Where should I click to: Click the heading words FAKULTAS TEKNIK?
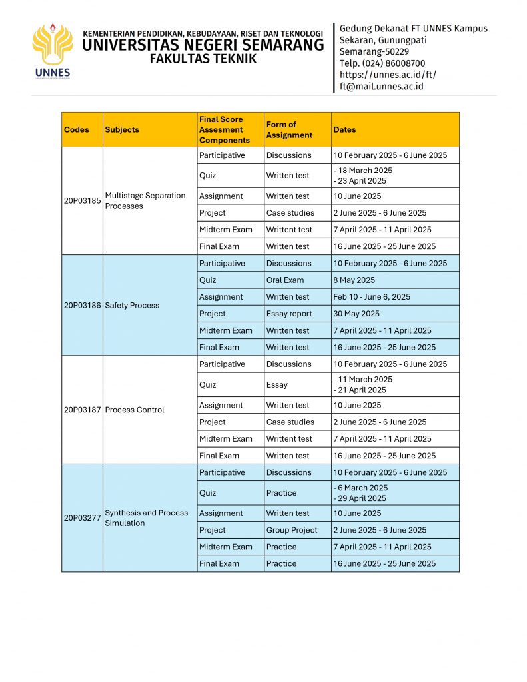click(x=203, y=59)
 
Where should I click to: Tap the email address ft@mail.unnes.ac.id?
click(x=381, y=86)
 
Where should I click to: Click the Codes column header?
click(x=77, y=130)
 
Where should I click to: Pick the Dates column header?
click(x=345, y=130)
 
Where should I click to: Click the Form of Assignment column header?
click(x=289, y=130)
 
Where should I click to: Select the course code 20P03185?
click(x=82, y=200)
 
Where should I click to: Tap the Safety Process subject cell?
click(x=132, y=306)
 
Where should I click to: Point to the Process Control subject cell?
click(x=135, y=410)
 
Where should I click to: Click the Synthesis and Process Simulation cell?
click(x=146, y=518)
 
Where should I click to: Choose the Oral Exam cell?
click(x=285, y=280)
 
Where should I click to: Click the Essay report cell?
click(x=289, y=314)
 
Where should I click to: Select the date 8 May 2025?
click(x=354, y=280)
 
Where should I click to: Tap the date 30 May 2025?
click(x=356, y=314)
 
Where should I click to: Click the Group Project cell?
click(x=292, y=530)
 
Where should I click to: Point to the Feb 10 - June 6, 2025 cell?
click(x=372, y=297)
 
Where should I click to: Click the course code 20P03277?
click(x=82, y=518)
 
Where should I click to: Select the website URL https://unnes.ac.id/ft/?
click(x=388, y=75)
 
